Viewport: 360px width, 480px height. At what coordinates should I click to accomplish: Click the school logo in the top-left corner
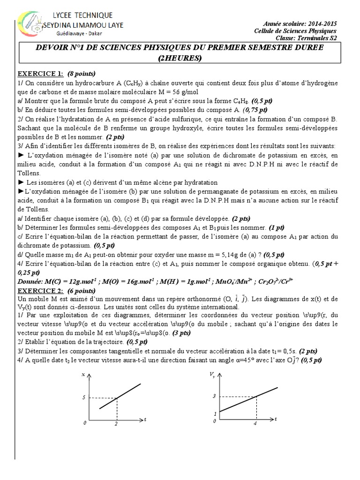click(x=27, y=26)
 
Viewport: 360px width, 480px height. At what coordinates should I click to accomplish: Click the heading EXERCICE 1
click(x=40, y=74)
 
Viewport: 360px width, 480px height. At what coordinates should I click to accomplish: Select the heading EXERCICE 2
click(x=40, y=291)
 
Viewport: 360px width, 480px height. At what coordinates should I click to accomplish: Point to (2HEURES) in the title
click(x=180, y=59)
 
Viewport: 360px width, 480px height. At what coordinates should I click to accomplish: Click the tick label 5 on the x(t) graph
click(x=84, y=397)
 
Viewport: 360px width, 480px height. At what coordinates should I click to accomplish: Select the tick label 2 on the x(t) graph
click(x=116, y=424)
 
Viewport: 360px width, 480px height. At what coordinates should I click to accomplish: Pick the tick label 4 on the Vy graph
click(x=255, y=424)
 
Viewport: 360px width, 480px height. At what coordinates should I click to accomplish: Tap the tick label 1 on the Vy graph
click(x=215, y=413)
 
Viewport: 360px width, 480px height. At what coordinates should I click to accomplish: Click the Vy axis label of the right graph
click(x=213, y=375)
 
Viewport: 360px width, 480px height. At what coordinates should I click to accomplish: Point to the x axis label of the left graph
click(x=84, y=375)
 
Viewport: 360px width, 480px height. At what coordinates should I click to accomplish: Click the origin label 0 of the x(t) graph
click(x=85, y=423)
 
